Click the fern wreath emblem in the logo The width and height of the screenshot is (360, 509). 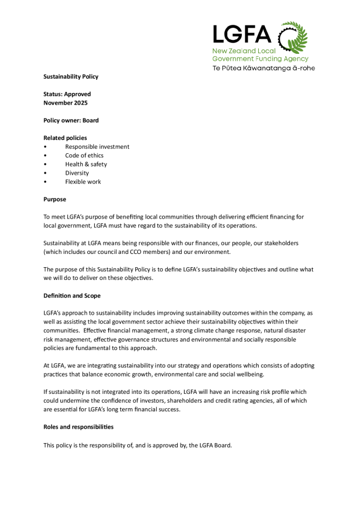pos(293,38)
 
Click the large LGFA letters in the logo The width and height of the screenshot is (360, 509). pos(241,35)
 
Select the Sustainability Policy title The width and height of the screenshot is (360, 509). pos(71,76)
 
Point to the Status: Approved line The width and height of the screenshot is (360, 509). pos(67,94)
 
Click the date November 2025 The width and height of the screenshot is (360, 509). pos(65,102)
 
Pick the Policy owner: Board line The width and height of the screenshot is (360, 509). pos(71,120)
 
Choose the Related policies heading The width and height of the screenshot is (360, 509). pos(65,138)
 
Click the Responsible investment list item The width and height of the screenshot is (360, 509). pos(97,146)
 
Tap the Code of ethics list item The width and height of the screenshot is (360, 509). pos(85,156)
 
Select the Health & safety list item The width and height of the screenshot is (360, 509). pos(86,164)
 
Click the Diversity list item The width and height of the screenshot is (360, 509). pos(77,173)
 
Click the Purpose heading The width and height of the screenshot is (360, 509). pos(55,199)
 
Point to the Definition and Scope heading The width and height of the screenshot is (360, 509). pos(72,296)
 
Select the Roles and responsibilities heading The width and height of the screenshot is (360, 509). pos(78,427)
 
